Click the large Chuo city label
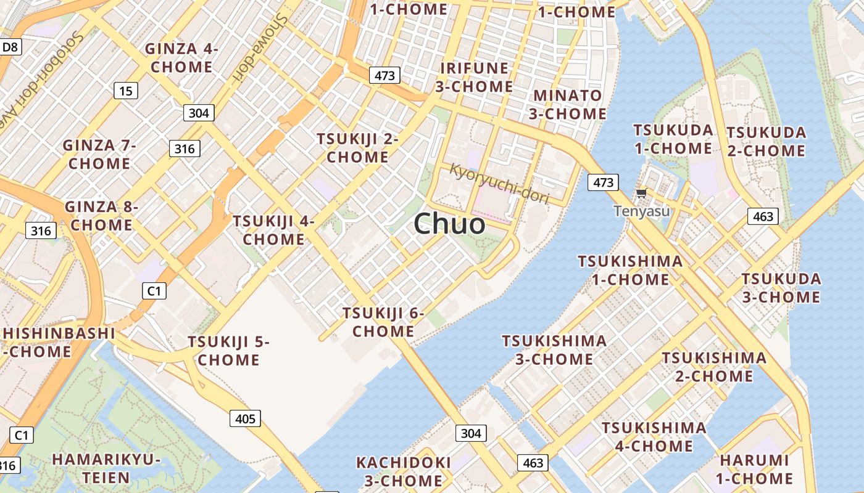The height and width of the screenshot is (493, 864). point(449,223)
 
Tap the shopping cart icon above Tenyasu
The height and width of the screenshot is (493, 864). point(641,194)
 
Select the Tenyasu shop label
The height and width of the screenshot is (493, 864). point(641,211)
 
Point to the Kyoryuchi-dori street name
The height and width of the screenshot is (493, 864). point(499,182)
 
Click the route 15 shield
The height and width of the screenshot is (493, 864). point(125,91)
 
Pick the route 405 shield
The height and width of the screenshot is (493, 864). point(245,419)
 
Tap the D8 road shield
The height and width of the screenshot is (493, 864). point(10,47)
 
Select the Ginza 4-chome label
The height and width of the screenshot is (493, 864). point(181,58)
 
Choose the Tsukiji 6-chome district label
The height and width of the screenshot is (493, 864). point(383,322)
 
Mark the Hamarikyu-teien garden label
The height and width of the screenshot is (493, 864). point(106,468)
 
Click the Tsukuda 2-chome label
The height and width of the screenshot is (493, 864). point(766,142)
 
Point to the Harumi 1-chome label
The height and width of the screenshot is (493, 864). point(755,469)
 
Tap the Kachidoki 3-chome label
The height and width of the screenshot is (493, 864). point(404,471)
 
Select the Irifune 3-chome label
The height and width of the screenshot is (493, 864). point(474,77)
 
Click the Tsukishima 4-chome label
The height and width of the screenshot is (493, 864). point(654,436)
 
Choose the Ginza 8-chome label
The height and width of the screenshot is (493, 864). point(101,216)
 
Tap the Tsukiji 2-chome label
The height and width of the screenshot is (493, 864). point(357,148)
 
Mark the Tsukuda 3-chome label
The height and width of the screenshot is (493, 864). point(781,288)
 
